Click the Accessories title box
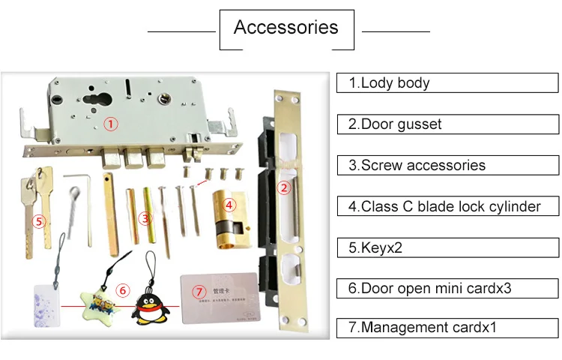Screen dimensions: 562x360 pyautogui.click(x=286, y=29)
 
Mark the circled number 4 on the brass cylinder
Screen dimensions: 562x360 pyautogui.click(x=230, y=202)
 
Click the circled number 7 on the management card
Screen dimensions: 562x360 pyautogui.click(x=199, y=290)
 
